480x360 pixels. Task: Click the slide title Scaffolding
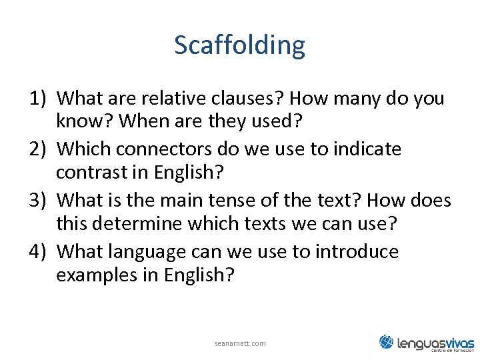tap(239, 45)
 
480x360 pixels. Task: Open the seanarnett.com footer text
tap(240, 343)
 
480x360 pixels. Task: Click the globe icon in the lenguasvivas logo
tap(387, 342)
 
